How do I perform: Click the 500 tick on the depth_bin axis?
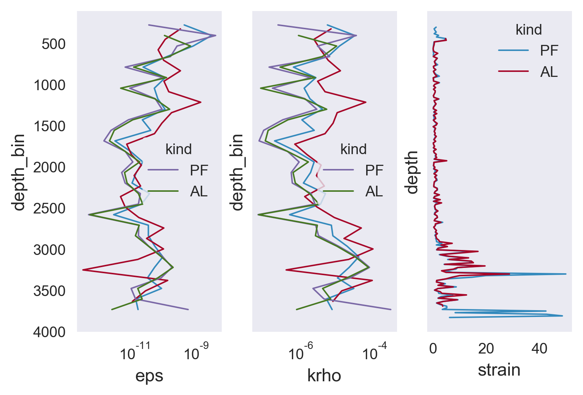click(53, 44)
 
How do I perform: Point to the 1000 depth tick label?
click(50, 85)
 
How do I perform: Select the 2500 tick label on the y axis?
click(50, 209)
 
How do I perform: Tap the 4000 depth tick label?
click(50, 332)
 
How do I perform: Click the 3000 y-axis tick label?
click(50, 250)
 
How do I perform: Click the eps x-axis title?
click(149, 376)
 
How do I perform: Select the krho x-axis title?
click(324, 376)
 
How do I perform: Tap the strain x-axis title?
click(499, 370)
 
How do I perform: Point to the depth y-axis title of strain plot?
click(412, 172)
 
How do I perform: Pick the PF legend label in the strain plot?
click(549, 51)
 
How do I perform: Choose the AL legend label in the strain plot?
click(549, 72)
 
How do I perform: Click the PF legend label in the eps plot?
click(199, 170)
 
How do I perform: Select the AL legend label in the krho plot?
click(374, 191)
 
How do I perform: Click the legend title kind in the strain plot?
click(529, 30)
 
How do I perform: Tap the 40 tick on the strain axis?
click(539, 349)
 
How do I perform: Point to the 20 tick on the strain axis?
click(486, 349)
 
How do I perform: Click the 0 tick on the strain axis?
click(433, 349)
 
